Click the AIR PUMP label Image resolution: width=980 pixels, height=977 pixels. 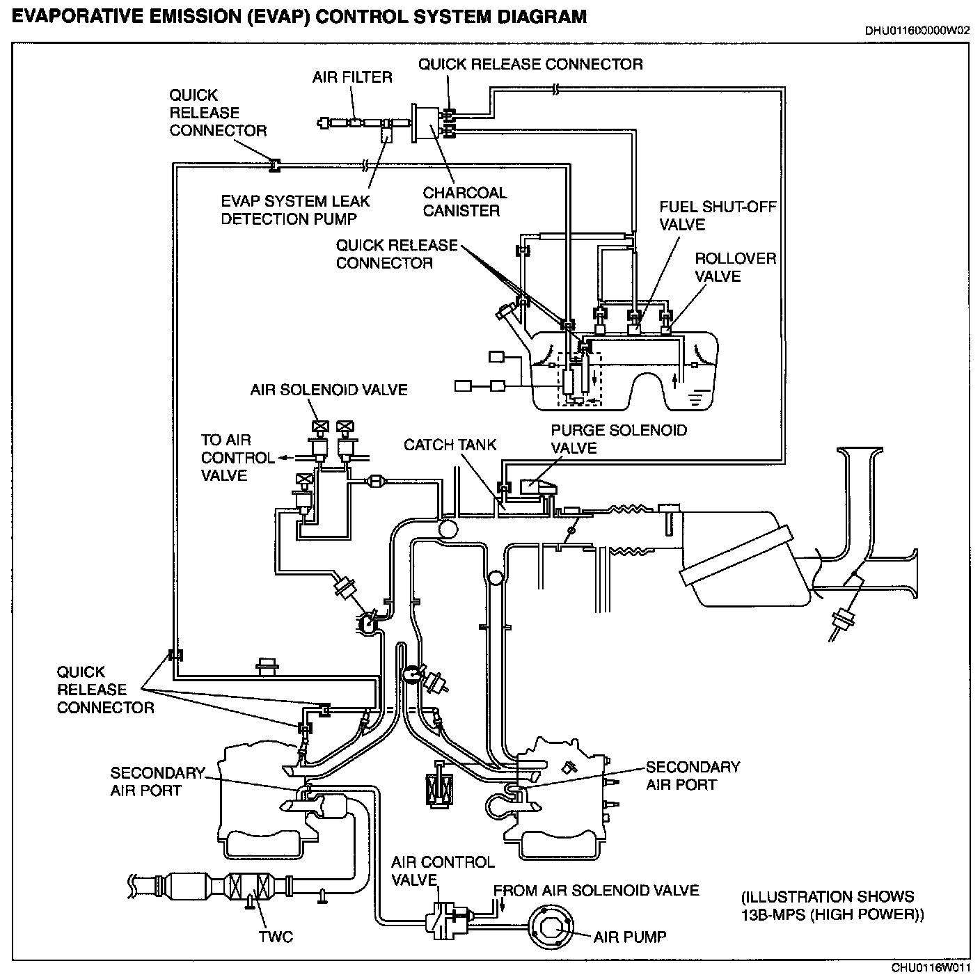(629, 937)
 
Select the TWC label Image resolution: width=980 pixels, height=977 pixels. (276, 937)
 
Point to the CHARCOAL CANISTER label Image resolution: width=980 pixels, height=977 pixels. (465, 202)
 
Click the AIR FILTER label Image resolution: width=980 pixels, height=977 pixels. (352, 77)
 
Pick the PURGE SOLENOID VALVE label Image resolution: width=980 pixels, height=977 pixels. (619, 439)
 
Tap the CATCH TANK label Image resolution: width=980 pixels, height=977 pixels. (450, 445)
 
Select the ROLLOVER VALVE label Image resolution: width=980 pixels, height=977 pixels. (735, 267)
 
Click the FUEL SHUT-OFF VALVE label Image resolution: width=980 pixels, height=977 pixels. (717, 216)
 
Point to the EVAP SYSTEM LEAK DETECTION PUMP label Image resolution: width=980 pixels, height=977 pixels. (295, 210)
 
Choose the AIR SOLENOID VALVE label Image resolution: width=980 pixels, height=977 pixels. (329, 390)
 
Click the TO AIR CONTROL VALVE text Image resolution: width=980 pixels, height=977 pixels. (228, 458)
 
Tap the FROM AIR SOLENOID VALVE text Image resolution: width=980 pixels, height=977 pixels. (596, 891)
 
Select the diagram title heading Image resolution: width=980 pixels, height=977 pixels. (299, 17)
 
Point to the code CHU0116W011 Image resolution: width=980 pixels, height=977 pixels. (931, 968)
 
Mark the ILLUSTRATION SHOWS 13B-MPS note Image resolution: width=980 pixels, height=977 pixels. (832, 905)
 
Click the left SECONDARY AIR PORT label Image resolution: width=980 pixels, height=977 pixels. (157, 781)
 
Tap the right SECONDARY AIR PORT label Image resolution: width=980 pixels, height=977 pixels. (693, 776)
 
